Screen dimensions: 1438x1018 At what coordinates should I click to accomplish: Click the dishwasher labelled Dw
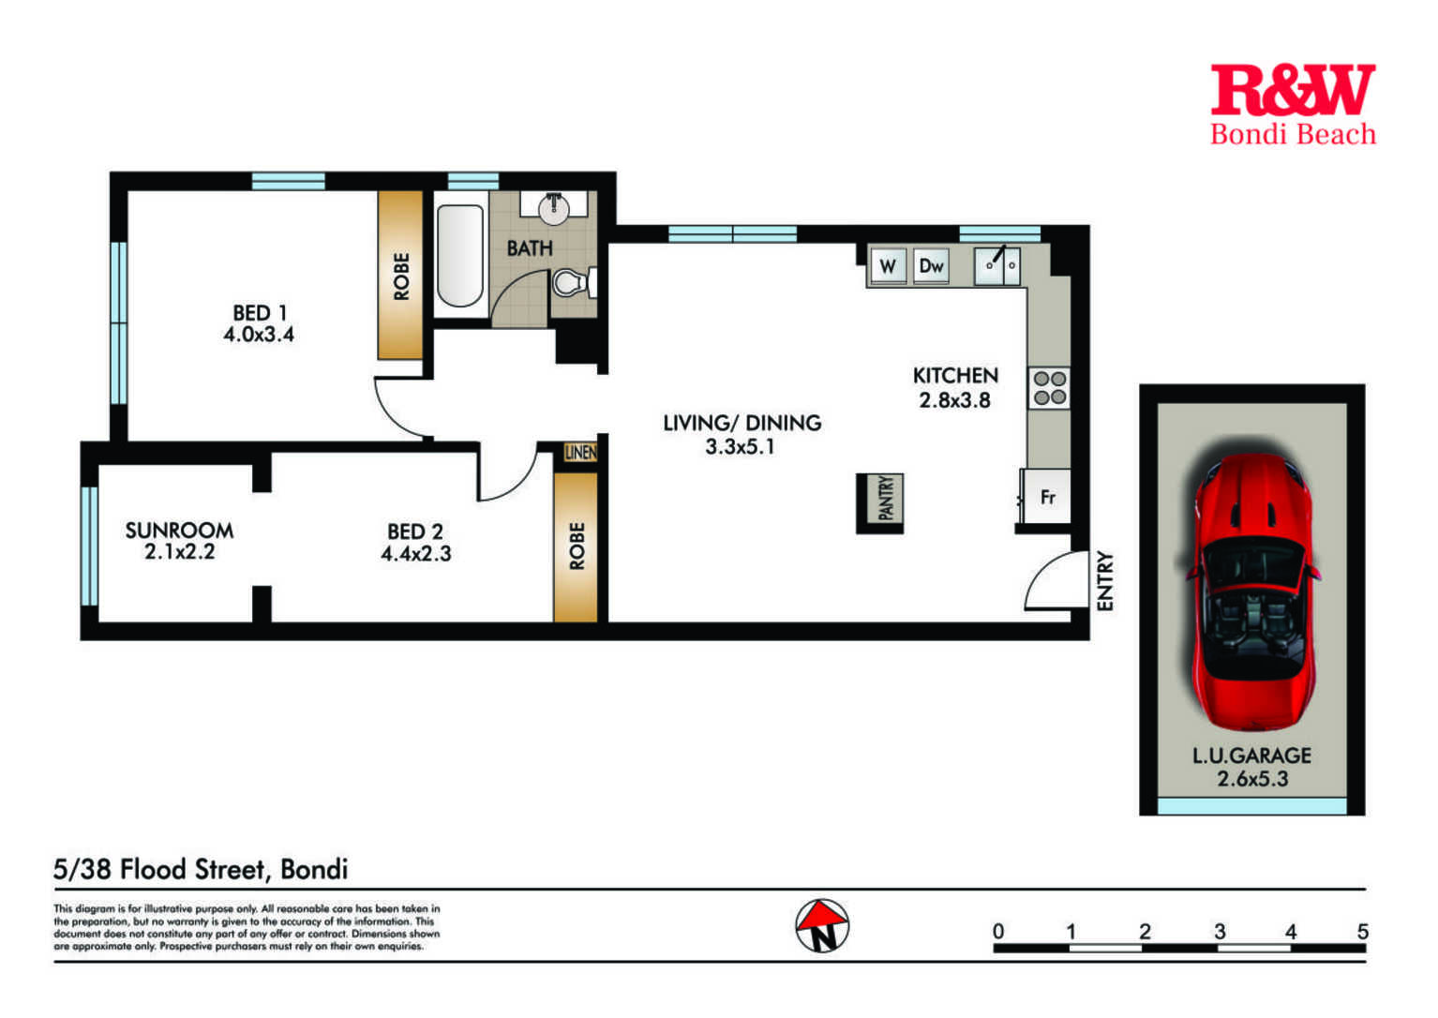click(931, 265)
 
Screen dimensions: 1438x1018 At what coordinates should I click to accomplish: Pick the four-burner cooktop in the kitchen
click(1049, 388)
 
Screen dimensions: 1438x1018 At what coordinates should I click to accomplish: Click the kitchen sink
click(997, 265)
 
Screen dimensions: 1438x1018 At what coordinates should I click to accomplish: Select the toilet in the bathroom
click(574, 282)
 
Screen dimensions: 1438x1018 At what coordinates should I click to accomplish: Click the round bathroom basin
click(553, 208)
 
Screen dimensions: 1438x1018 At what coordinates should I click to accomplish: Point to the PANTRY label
click(885, 499)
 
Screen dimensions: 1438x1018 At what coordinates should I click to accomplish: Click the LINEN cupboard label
click(580, 453)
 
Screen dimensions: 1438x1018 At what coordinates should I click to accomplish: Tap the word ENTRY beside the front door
click(1104, 581)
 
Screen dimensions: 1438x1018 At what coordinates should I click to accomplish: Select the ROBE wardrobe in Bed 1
click(400, 276)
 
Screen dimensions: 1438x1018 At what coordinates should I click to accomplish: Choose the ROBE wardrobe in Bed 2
click(576, 546)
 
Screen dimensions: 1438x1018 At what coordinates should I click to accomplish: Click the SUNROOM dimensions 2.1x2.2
click(180, 552)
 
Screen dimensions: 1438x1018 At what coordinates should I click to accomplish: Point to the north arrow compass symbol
click(822, 925)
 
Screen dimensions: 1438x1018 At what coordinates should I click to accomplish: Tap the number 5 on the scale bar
click(1363, 931)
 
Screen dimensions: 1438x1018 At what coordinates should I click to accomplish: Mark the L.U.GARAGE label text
click(1251, 756)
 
